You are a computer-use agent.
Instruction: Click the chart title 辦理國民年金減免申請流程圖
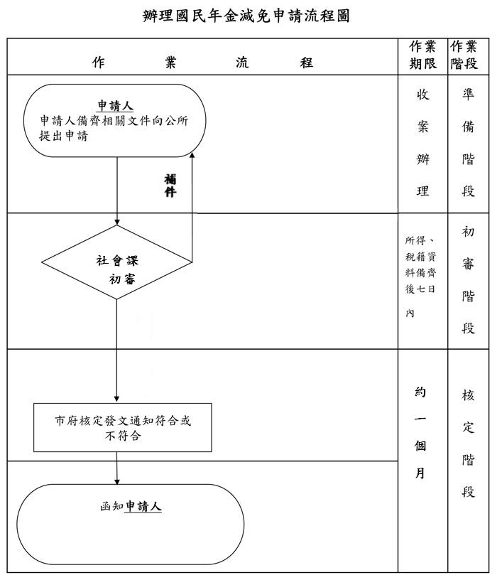point(246,16)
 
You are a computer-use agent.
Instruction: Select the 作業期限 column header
point(422,55)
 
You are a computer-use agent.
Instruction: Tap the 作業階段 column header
point(464,55)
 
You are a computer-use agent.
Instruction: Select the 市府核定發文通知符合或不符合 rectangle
point(123,427)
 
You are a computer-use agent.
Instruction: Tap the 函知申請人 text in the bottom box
point(131,507)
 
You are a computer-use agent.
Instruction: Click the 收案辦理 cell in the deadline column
point(422,143)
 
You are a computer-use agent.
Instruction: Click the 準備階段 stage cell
point(468,143)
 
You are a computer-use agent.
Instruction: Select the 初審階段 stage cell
point(468,280)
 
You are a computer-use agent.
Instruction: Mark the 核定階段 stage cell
point(468,444)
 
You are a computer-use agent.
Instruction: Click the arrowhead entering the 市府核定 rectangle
point(117,399)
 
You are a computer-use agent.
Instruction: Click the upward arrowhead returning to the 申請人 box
point(192,156)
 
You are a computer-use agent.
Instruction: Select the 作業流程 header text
point(202,63)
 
